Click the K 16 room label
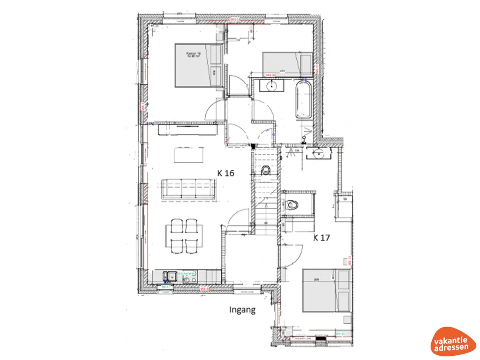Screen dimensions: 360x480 (225, 173)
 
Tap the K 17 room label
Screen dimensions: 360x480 (322, 238)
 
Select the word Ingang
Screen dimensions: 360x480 (242, 310)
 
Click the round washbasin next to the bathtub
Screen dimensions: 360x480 (271, 86)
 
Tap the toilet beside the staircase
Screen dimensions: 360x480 (266, 170)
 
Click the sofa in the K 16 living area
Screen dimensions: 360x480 (188, 189)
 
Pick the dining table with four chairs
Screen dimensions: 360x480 (184, 236)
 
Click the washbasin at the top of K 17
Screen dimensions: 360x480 (320, 153)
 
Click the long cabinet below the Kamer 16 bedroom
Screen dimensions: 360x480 (187, 129)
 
